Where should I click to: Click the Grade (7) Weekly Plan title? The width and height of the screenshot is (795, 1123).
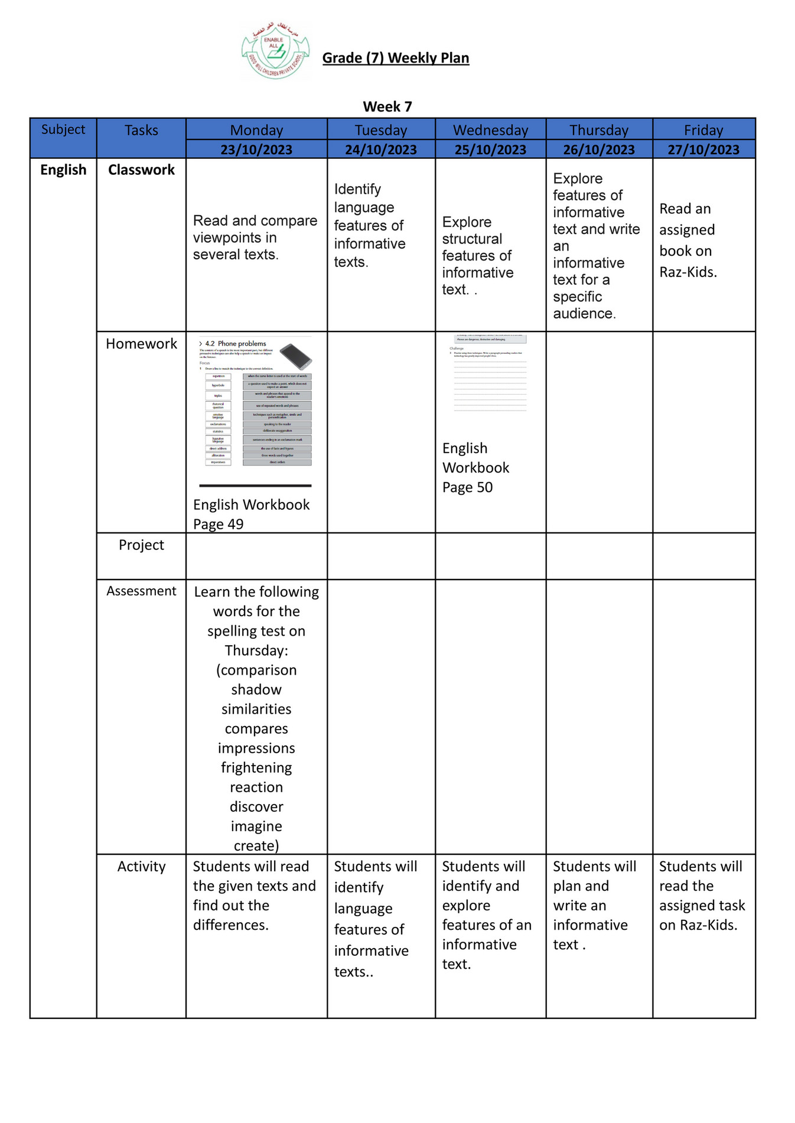coord(395,58)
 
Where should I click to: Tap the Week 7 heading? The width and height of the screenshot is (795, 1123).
coord(387,107)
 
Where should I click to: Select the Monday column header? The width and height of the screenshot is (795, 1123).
coord(256,130)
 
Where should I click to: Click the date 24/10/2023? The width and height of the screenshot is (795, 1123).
coord(381,149)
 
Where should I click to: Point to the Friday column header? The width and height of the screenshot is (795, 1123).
coord(703,130)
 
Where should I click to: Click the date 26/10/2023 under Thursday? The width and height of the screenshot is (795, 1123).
coord(598,149)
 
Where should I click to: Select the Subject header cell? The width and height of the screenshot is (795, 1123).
coord(63,129)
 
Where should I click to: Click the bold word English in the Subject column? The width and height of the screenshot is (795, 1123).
coord(63,170)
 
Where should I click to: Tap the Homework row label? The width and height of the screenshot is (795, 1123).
coord(141,344)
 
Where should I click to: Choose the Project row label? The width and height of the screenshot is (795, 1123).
coord(141,545)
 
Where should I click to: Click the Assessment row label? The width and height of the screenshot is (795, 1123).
coord(141,591)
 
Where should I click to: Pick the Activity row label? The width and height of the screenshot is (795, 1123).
coord(141,866)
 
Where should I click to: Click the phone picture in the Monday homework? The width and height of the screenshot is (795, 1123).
coord(295,357)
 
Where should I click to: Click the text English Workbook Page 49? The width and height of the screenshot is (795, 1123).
coord(251,514)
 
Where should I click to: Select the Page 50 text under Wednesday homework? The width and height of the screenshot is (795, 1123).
coord(467,487)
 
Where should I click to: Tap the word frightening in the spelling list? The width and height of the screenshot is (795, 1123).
coord(256,767)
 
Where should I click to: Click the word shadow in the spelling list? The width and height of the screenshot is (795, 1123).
coord(256,689)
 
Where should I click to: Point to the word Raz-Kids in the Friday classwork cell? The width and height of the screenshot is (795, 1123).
coord(688,272)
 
